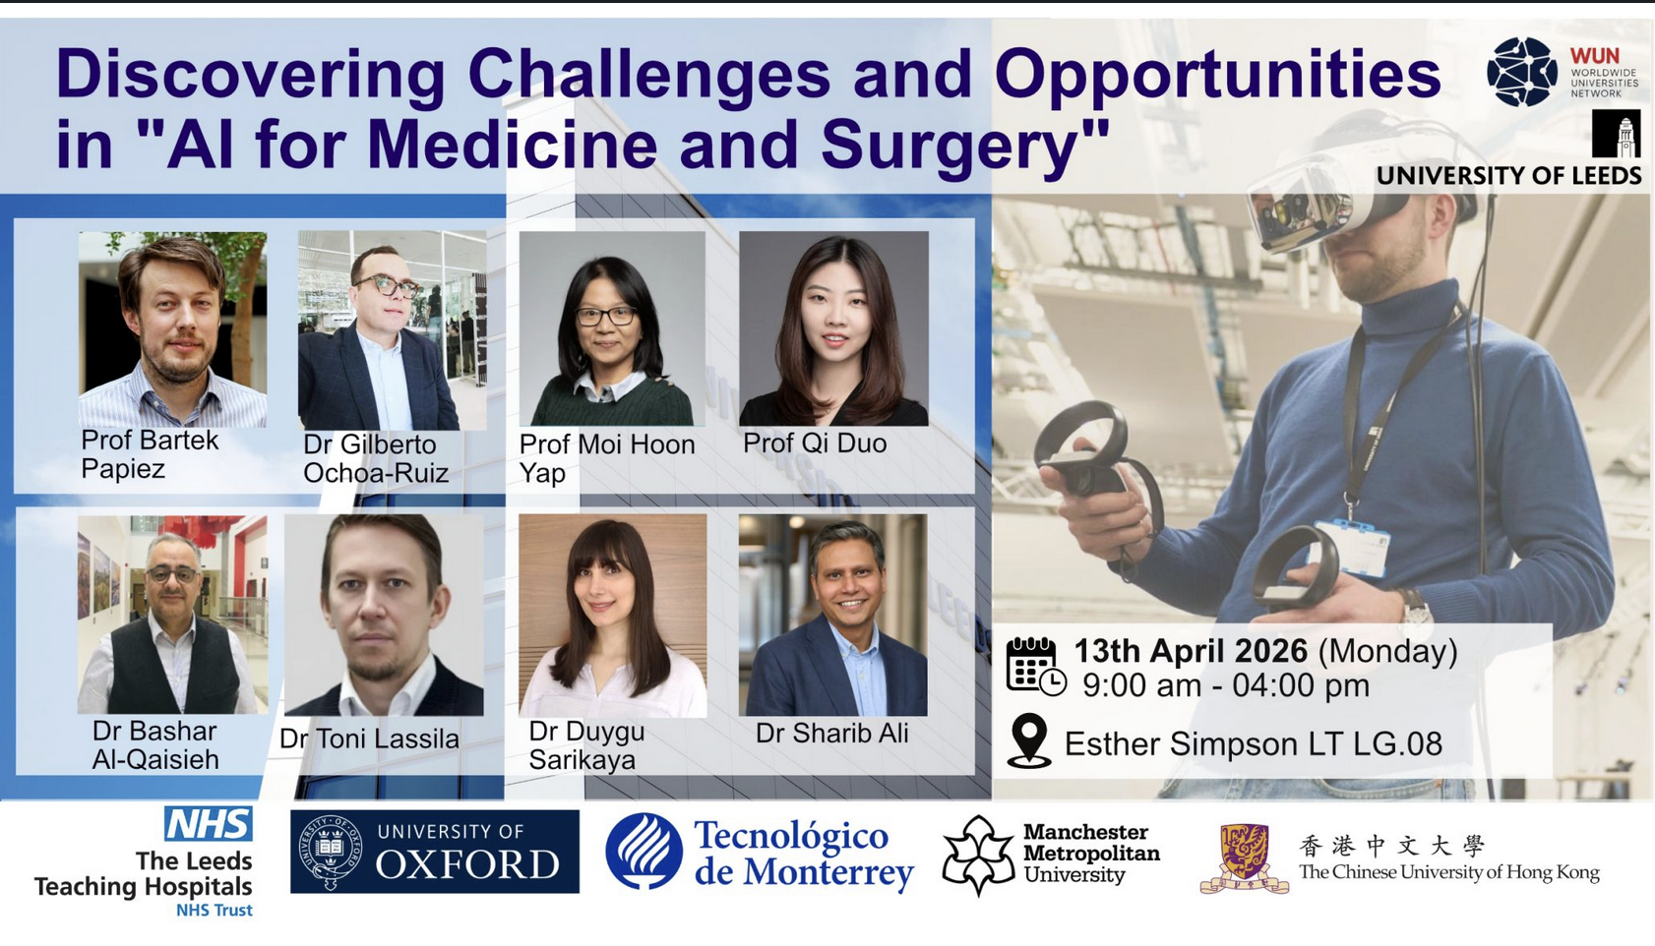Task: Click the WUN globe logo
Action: point(1523,72)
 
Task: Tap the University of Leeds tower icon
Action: point(1616,134)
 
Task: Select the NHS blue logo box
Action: point(209,823)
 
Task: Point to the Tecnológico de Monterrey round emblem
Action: point(644,851)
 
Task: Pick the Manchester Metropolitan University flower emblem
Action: point(978,856)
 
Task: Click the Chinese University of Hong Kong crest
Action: point(1245,858)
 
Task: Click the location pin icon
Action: point(1029,740)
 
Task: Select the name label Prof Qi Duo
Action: point(814,443)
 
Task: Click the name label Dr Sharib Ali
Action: point(832,733)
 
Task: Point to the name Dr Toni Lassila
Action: point(369,739)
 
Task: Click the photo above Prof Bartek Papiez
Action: point(173,329)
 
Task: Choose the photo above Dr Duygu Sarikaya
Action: point(612,616)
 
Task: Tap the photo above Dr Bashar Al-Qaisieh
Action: point(172,615)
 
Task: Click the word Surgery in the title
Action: point(965,145)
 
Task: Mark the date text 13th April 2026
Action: point(1191,651)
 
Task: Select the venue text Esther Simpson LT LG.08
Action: point(1254,743)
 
